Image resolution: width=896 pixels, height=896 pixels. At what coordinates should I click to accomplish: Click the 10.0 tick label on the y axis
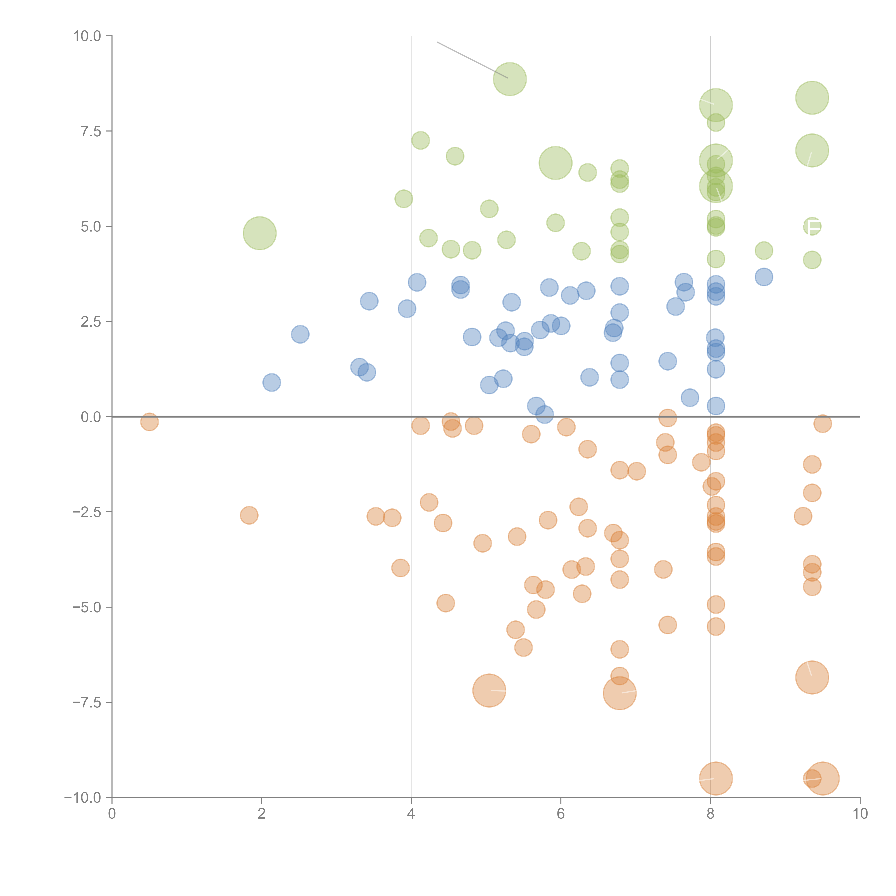point(87,36)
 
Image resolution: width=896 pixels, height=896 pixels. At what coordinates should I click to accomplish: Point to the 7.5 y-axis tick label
point(91,131)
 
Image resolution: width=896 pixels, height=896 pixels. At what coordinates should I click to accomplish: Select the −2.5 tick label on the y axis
point(87,512)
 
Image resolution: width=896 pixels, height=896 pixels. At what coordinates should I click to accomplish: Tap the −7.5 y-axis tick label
point(87,702)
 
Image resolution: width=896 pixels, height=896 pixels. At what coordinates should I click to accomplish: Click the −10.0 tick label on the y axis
point(84,798)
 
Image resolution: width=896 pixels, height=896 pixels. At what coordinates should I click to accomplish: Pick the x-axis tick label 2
point(262,814)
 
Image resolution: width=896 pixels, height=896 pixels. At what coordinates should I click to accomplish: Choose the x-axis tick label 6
point(561,814)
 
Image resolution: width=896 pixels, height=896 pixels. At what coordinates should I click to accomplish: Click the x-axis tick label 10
point(860,814)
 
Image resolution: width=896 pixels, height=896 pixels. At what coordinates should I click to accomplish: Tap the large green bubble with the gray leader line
point(510,79)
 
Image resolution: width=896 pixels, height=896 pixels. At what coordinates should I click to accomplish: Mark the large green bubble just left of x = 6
point(555,163)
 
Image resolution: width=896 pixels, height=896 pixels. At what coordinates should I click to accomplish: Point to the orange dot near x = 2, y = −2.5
point(249,515)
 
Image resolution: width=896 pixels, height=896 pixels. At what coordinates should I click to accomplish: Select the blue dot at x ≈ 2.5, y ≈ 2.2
point(300,334)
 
